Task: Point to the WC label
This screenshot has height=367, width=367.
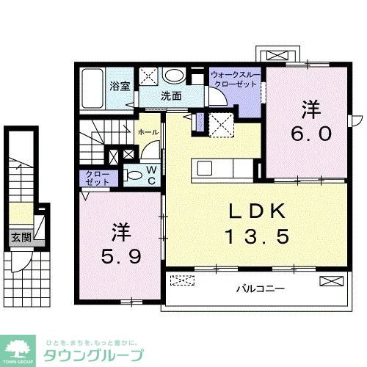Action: (x=149, y=174)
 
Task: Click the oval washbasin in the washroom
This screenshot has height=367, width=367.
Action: (x=175, y=76)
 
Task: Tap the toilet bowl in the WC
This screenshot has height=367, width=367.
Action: (x=134, y=175)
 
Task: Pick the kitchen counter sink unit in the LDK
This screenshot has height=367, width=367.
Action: (x=220, y=168)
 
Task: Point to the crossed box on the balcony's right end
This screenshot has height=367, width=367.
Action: (x=330, y=279)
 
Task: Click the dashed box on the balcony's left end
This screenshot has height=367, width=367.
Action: (x=182, y=280)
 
